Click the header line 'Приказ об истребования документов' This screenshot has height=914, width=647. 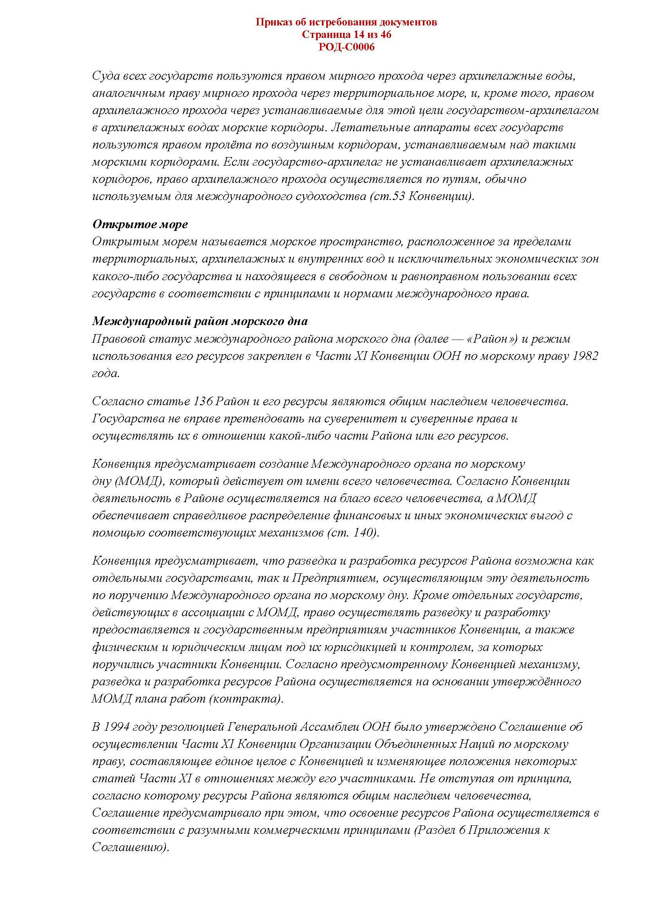tap(346, 22)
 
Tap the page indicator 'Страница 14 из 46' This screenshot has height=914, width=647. tap(346, 35)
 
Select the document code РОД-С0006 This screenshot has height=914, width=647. tap(346, 47)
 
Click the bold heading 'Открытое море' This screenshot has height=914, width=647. tap(140, 225)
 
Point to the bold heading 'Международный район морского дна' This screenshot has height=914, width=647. tap(199, 321)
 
